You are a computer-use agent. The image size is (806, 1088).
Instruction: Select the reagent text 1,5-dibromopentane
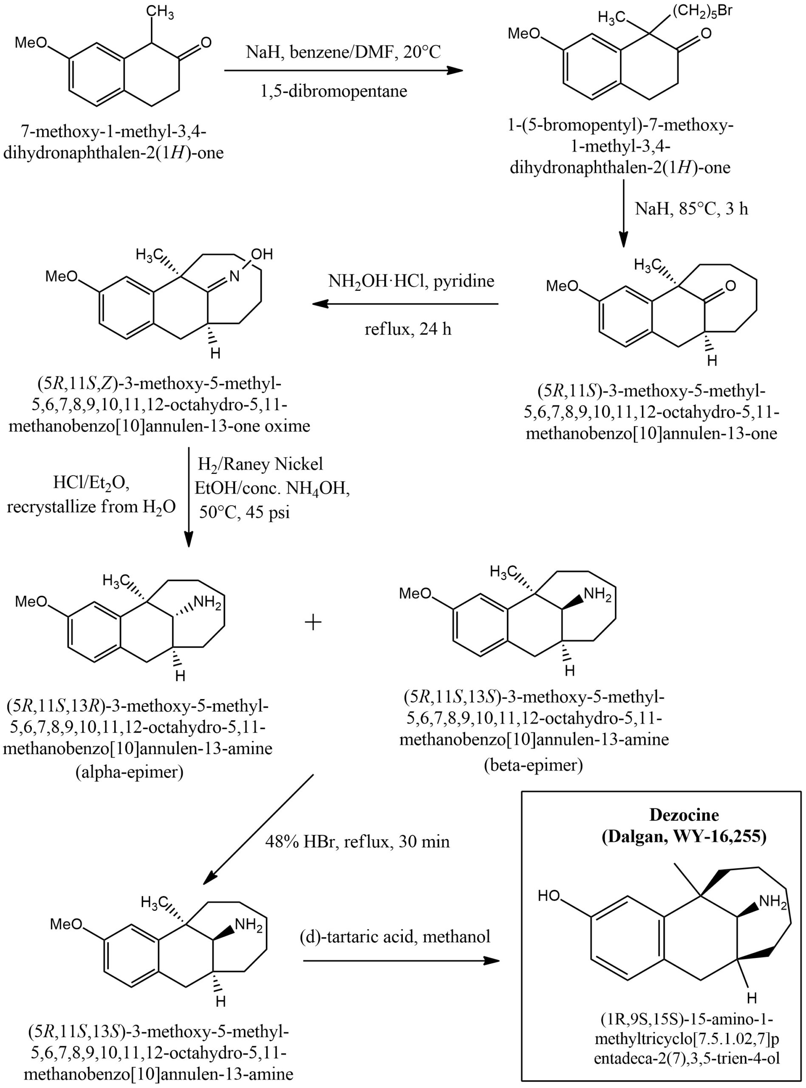334,91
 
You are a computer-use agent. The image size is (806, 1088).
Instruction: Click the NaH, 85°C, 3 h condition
691,209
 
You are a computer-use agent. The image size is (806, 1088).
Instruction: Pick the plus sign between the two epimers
313,622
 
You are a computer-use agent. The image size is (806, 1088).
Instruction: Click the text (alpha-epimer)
129,772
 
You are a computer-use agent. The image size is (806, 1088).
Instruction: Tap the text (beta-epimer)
533,765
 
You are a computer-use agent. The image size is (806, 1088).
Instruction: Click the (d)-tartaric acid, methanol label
395,936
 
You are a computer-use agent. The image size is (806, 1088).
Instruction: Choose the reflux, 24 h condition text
408,329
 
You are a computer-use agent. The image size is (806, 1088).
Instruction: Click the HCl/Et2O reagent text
91,483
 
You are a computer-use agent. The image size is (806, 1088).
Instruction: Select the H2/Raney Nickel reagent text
260,464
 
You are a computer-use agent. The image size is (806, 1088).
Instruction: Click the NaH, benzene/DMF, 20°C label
343,52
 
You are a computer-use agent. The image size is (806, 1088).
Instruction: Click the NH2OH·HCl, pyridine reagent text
411,281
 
